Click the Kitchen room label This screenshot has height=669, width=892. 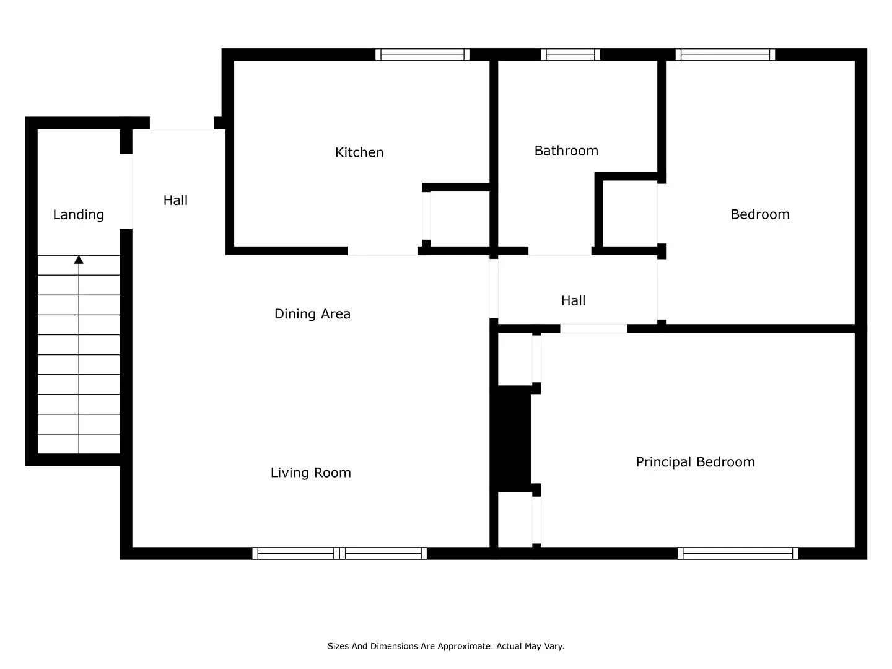point(359,152)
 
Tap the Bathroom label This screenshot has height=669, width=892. point(566,151)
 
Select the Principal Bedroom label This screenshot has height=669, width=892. point(695,462)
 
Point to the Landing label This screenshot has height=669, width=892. point(79,214)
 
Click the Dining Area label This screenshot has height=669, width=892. point(312,313)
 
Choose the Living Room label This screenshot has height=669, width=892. point(310,473)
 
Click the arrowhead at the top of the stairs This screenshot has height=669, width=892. point(79,260)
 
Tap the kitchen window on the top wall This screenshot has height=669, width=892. point(422,55)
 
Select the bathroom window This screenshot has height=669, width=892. point(570,55)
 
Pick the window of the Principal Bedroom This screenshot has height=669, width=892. point(738,553)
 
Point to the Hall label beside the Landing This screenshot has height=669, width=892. point(175,200)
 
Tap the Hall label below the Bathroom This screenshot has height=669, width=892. point(573,300)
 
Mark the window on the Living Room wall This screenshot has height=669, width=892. point(339,553)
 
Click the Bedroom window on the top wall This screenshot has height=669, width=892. point(725,55)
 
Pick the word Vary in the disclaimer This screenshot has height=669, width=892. point(555,646)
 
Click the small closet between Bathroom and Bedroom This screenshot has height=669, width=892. point(630,213)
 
